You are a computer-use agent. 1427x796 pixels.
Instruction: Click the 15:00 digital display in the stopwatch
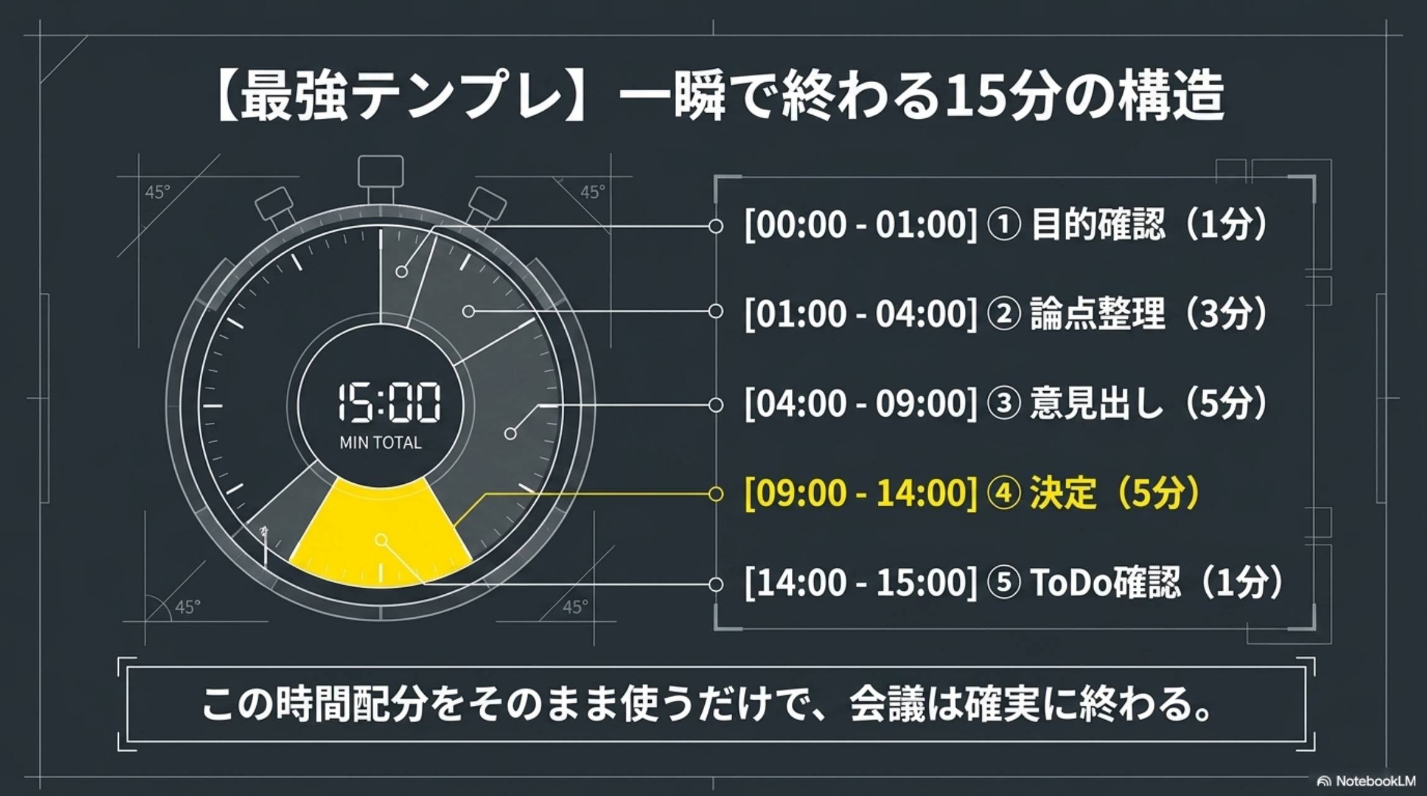[389, 403]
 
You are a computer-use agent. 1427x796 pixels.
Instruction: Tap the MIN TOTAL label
[380, 443]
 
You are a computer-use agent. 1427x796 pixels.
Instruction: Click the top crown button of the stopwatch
[380, 172]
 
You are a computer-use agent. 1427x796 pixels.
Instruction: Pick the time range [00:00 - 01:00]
[861, 224]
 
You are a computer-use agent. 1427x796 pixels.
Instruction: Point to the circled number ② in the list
[1003, 314]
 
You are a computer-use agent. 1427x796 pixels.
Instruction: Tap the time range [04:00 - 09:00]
[861, 404]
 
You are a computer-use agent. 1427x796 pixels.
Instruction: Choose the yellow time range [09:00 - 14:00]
[861, 493]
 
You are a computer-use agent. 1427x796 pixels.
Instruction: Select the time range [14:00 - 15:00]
[861, 583]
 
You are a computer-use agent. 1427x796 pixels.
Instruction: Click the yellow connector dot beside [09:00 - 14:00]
[715, 494]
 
